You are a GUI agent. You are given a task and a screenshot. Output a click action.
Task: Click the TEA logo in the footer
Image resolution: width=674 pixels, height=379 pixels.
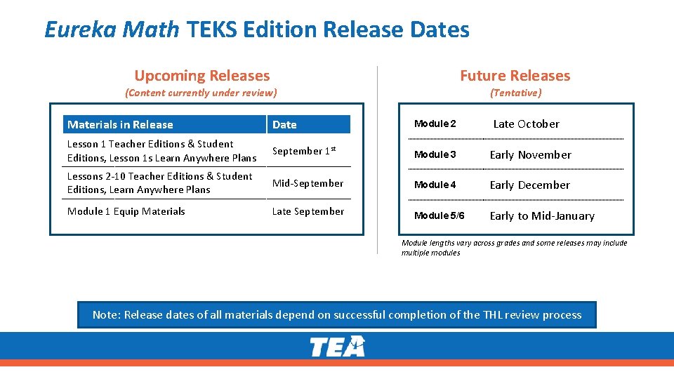tap(338, 347)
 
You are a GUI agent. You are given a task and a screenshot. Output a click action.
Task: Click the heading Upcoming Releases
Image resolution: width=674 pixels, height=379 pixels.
tap(201, 76)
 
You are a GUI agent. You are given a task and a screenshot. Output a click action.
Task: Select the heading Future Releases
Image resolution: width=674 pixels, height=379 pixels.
tap(515, 76)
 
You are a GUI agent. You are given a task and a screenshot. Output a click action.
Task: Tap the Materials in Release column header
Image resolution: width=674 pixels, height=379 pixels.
tap(120, 125)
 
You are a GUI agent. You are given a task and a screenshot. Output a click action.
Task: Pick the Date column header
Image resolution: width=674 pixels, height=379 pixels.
tap(284, 125)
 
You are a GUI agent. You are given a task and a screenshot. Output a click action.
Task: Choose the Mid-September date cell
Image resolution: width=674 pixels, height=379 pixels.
tap(308, 183)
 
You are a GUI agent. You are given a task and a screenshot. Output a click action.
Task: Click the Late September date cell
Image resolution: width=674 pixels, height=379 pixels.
tap(308, 211)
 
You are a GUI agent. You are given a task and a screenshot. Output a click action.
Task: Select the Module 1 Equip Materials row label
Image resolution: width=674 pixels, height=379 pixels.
tap(126, 211)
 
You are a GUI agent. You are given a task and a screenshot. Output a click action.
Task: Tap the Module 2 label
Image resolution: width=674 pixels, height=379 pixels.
tap(435, 124)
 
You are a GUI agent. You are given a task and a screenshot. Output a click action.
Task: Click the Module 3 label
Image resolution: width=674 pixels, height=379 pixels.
tap(435, 154)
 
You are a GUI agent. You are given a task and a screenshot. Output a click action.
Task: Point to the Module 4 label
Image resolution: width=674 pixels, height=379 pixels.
tap(435, 185)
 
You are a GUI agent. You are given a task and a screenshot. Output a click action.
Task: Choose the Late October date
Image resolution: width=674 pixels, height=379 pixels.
tap(526, 124)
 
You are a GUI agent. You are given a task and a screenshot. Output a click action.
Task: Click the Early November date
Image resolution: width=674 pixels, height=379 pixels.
tap(530, 155)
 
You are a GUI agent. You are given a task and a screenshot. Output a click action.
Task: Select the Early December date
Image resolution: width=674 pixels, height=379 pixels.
tap(529, 185)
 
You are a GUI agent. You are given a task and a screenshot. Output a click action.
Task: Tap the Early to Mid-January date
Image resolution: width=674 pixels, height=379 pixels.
tap(542, 216)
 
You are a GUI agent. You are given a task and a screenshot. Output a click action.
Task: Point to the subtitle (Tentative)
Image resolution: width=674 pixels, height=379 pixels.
tap(516, 93)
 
